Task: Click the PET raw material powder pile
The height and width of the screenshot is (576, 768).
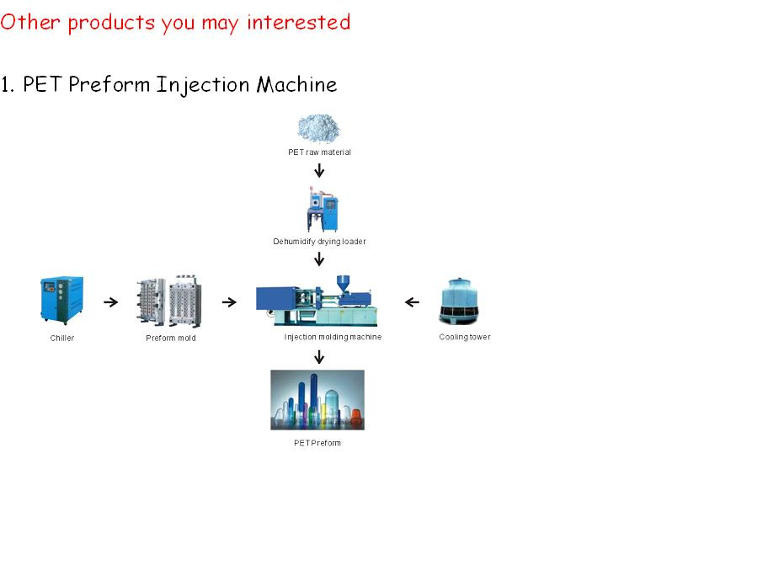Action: click(318, 128)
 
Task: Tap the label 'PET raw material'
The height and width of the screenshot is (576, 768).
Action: click(319, 152)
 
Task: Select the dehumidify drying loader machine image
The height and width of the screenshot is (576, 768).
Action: click(323, 209)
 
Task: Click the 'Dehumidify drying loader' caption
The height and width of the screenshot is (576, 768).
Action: click(319, 242)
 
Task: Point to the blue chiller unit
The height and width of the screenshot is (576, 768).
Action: click(61, 301)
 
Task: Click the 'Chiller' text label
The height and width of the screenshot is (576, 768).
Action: click(62, 338)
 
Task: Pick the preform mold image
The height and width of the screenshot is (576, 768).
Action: click(168, 301)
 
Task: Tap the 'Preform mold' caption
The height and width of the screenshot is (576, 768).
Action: click(171, 338)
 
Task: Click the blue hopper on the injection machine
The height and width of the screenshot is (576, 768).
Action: click(343, 283)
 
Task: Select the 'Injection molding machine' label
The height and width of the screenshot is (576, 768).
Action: click(333, 337)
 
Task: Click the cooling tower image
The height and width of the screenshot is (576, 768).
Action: click(459, 301)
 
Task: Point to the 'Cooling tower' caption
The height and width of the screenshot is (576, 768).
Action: click(465, 337)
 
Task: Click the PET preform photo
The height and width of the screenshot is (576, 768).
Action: click(317, 400)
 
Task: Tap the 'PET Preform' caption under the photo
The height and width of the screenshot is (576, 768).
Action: click(317, 443)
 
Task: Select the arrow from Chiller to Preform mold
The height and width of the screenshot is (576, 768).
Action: click(111, 302)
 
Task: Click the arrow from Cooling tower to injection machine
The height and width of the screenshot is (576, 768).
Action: click(412, 302)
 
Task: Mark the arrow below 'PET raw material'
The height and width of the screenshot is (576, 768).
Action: click(319, 170)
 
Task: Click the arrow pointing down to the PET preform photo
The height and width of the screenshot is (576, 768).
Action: click(319, 357)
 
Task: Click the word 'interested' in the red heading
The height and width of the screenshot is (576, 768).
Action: click(298, 22)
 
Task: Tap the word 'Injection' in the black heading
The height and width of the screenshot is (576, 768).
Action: click(203, 85)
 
